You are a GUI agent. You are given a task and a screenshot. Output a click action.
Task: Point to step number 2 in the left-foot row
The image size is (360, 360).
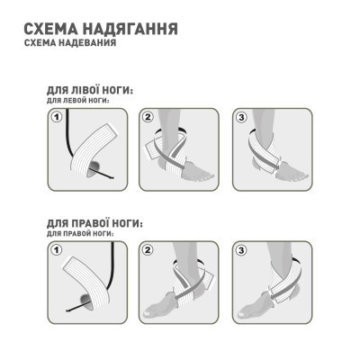point(148,116)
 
